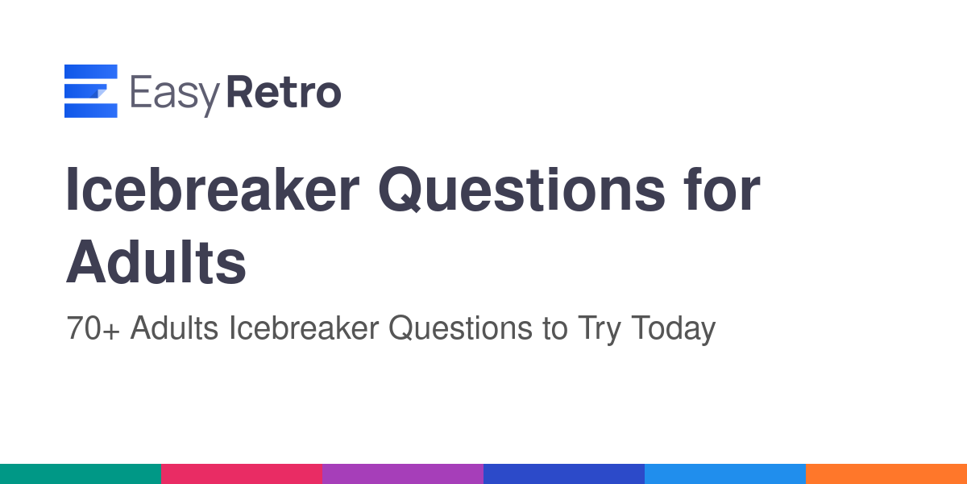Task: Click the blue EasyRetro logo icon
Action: coord(90,90)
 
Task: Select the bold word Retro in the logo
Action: coord(284,92)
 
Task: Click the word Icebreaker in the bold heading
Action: coord(212,190)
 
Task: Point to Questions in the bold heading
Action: coord(522,190)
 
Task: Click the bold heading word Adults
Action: coord(156,262)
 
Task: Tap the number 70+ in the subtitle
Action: coord(93,328)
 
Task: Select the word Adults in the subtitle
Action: coord(174,328)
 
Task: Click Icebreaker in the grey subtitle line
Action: coord(304,328)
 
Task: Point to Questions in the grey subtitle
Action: coord(460,328)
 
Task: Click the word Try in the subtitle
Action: coord(600,330)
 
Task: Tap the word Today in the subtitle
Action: coord(674,330)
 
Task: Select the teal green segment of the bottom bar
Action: coord(81,474)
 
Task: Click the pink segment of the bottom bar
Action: coord(242,474)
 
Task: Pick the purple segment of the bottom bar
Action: coord(403,474)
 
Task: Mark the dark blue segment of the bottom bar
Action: coord(564,474)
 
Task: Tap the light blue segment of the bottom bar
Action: coord(725,474)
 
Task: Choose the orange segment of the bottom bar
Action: coord(886,474)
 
